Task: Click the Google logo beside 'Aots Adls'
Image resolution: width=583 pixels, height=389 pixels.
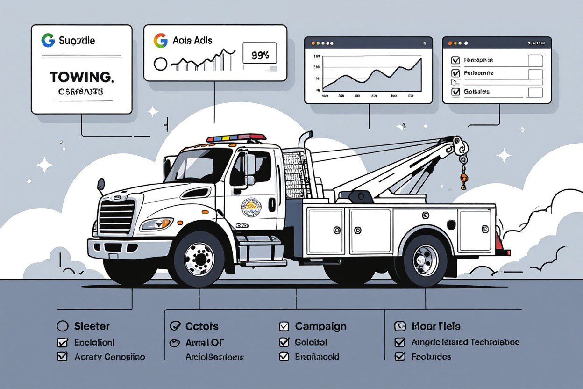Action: click(x=160, y=41)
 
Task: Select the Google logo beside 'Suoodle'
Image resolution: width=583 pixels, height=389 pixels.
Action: click(x=48, y=41)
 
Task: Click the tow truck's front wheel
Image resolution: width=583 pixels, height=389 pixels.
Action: click(x=199, y=259)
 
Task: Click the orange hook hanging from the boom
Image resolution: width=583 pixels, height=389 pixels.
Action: click(x=463, y=180)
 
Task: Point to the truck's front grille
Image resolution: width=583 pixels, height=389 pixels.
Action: click(x=116, y=216)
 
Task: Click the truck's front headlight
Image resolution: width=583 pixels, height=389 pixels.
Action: click(x=156, y=224)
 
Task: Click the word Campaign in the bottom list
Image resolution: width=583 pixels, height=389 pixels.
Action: click(x=320, y=326)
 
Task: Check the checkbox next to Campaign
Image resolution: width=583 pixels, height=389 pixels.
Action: click(x=284, y=326)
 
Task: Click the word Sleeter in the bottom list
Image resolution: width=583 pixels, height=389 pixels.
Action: click(x=92, y=326)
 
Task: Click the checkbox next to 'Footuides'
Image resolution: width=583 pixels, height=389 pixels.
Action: click(x=399, y=357)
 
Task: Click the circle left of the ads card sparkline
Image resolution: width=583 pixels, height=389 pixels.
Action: click(x=160, y=64)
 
